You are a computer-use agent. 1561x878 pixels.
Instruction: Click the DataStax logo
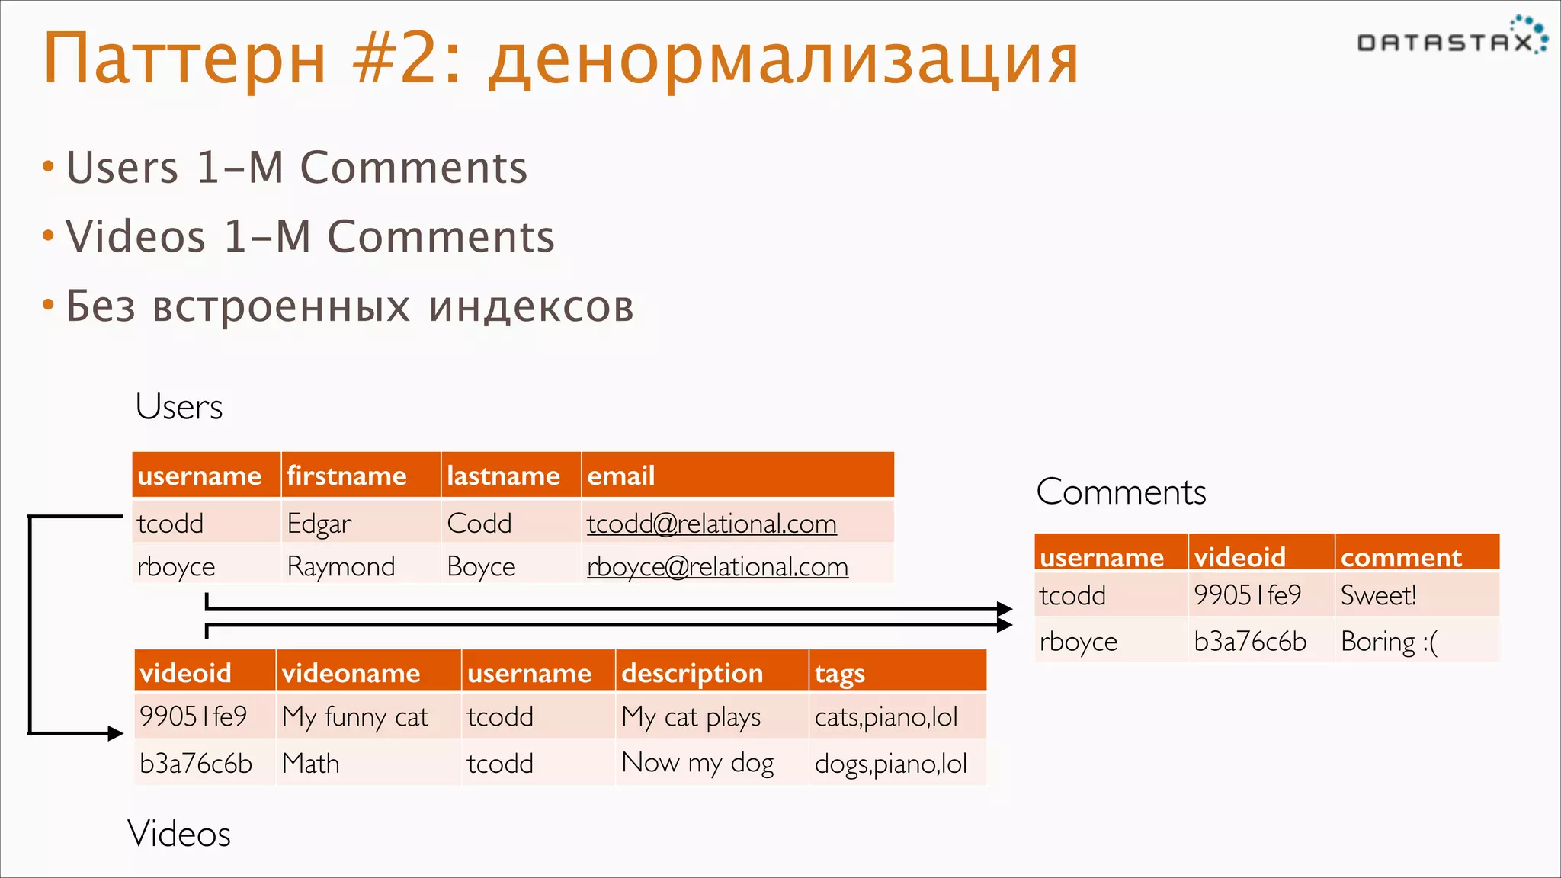pos(1451,38)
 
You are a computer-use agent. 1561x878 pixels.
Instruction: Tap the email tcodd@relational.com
pos(711,524)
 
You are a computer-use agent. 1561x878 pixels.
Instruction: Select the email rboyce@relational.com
pos(717,566)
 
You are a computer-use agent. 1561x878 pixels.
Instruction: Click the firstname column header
pos(347,476)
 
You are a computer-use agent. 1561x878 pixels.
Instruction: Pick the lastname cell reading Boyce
pos(481,566)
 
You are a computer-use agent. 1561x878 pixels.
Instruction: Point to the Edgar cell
pos(319,524)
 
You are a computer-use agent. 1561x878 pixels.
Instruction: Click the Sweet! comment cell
pos(1378,595)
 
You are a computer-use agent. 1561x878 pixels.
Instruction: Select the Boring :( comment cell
pos(1389,641)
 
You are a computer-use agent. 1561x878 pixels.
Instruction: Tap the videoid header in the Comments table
pos(1240,557)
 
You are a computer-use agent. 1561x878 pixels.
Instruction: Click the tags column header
pos(839,673)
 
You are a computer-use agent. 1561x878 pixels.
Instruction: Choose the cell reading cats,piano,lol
pos(886,716)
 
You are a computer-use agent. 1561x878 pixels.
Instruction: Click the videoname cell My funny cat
pos(355,716)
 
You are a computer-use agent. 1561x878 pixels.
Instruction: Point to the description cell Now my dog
pos(697,762)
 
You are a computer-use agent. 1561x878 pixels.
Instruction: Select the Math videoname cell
pos(310,763)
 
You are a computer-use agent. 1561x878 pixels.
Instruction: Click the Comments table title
pos(1120,492)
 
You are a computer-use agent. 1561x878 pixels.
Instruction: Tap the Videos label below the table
pos(179,833)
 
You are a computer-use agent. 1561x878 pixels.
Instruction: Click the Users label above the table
pos(179,406)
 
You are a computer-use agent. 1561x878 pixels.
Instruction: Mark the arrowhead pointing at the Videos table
pos(115,733)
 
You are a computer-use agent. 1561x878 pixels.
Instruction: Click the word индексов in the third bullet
pos(531,306)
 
